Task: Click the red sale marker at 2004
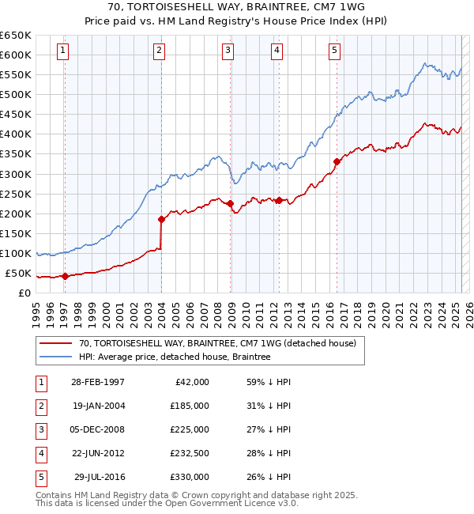(x=161, y=219)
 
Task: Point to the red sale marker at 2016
(x=337, y=161)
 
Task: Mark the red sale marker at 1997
(x=65, y=276)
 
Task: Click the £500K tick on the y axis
(x=15, y=94)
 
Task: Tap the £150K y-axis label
(x=15, y=233)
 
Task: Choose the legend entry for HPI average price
(x=174, y=357)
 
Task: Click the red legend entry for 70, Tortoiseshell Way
(x=217, y=343)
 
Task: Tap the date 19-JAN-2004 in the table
(x=98, y=406)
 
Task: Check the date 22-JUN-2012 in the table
(x=98, y=453)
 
